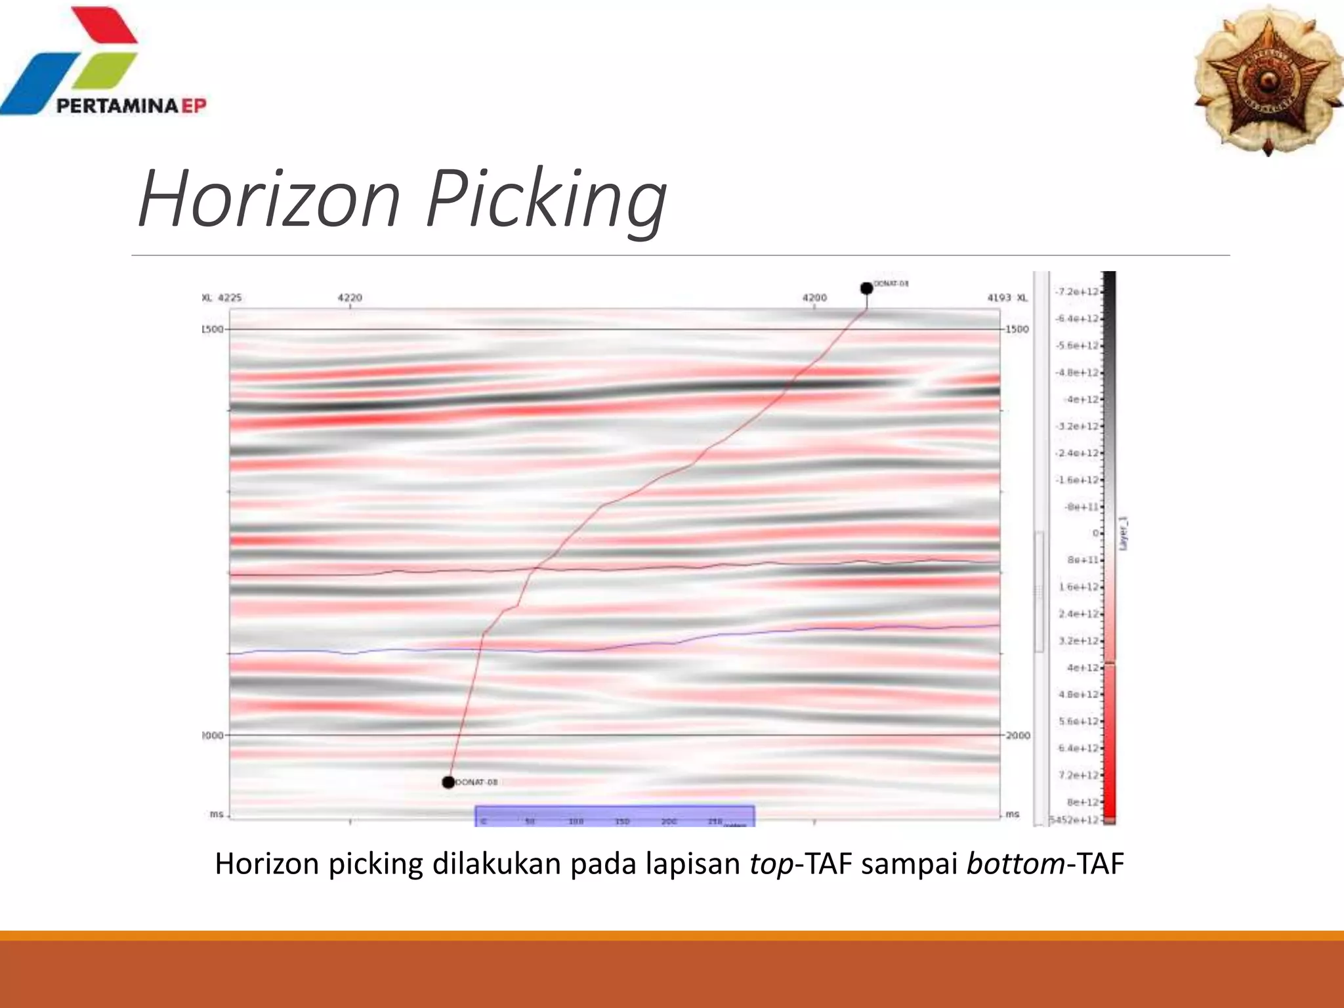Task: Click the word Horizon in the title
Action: (269, 198)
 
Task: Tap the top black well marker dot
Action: (866, 288)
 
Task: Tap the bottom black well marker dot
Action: (448, 782)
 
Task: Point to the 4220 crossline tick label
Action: (350, 297)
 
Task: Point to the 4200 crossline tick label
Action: (814, 297)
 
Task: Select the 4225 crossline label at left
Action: (230, 297)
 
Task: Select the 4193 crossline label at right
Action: (999, 297)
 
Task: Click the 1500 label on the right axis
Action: (1017, 329)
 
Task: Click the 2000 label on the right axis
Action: (1018, 736)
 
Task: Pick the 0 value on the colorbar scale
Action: (1095, 533)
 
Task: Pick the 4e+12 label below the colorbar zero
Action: (1082, 667)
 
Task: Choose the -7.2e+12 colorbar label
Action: (1077, 291)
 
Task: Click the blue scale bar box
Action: (615, 816)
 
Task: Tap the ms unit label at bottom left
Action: (217, 814)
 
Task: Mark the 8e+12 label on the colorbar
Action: (1082, 802)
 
